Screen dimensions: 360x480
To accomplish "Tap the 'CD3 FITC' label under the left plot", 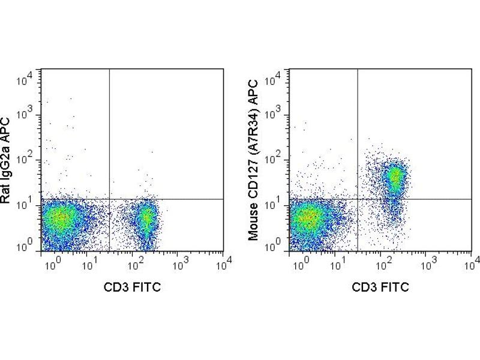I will tap(133, 287).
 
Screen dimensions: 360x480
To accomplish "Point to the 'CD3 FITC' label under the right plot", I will tap(381, 287).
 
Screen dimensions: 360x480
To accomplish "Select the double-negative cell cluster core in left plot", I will tap(61, 218).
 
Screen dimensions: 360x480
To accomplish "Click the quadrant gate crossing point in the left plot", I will tap(109, 199).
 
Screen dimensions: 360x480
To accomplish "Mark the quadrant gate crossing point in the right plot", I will tap(358, 199).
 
